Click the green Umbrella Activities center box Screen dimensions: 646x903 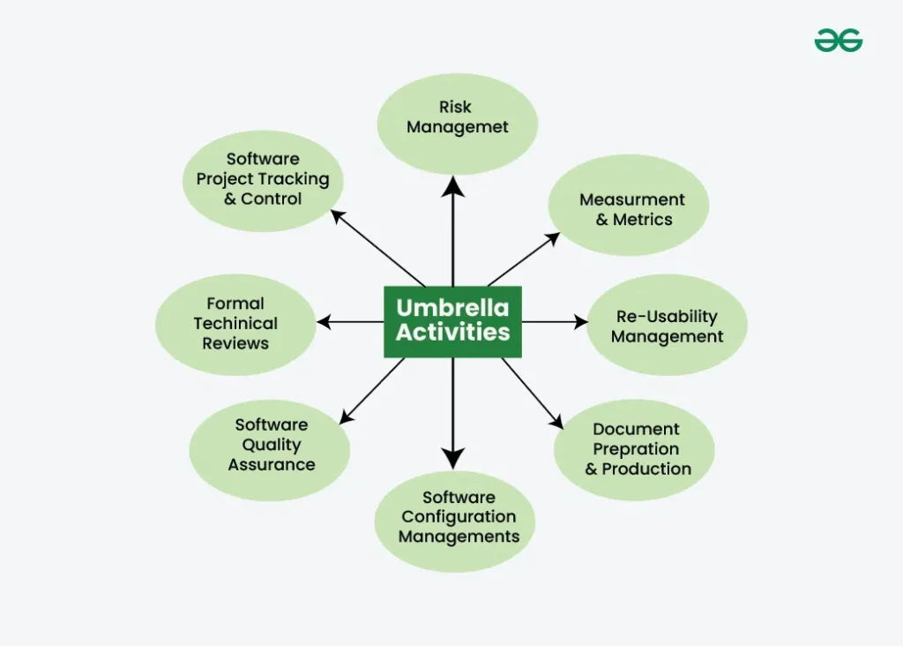click(452, 321)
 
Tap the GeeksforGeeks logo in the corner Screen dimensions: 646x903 click(838, 41)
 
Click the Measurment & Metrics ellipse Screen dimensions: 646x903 click(629, 209)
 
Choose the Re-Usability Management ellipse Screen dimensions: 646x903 click(667, 326)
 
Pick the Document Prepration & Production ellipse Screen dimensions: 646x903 click(635, 448)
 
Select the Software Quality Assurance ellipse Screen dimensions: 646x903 click(270, 445)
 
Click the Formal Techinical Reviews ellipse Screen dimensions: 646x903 click(235, 324)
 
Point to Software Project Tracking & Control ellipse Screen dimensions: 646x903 click(263, 179)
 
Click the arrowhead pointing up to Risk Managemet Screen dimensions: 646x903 click(452, 184)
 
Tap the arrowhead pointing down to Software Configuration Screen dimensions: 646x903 click(452, 458)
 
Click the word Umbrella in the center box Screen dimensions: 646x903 click(452, 308)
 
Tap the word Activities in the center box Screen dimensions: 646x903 click(452, 333)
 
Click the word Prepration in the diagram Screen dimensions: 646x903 click(636, 448)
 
